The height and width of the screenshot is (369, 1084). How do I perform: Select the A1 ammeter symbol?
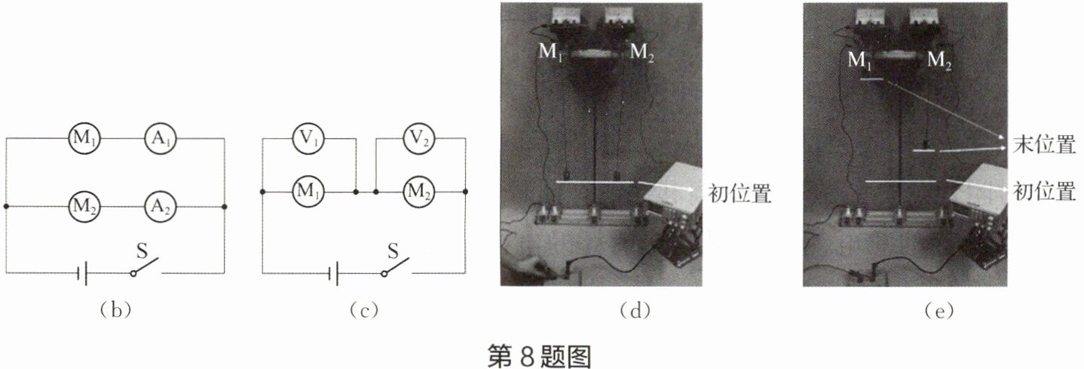(x=159, y=139)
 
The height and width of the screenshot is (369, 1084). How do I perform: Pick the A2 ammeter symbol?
(x=159, y=205)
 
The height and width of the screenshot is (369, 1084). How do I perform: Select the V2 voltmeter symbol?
(x=419, y=139)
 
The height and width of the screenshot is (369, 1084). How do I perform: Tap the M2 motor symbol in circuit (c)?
(x=419, y=192)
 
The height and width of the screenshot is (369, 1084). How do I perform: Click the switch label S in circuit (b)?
(x=139, y=247)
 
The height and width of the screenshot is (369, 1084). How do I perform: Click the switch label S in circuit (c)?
(x=392, y=247)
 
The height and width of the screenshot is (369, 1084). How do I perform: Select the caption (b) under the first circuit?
(x=115, y=310)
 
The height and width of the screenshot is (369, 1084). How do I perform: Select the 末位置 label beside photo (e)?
(x=1044, y=146)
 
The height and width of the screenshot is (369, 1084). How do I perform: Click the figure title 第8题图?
(x=540, y=355)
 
